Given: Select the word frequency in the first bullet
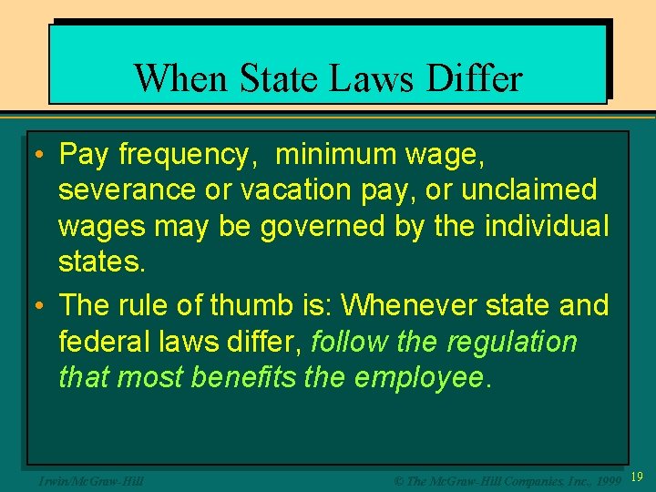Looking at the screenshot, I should (183, 156).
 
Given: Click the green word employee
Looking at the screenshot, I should (420, 376).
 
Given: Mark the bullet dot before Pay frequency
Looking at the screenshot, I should (40, 157).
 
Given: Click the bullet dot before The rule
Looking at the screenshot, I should (40, 306).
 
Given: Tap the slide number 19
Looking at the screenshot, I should (637, 477).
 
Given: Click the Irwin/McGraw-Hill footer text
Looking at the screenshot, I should (87, 477).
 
